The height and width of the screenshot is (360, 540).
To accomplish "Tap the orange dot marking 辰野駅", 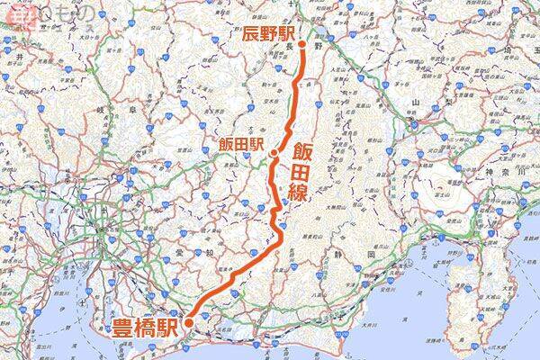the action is pyautogui.click(x=303, y=43).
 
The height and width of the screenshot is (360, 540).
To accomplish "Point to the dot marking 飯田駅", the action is pyautogui.click(x=273, y=154).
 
